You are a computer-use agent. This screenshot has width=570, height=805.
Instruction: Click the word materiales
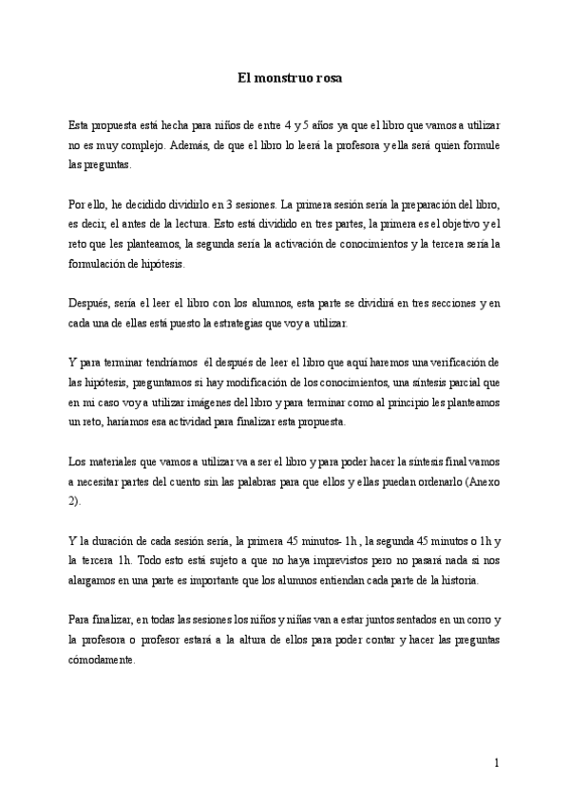[x=114, y=462]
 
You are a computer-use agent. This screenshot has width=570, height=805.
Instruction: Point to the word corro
[x=473, y=620]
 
